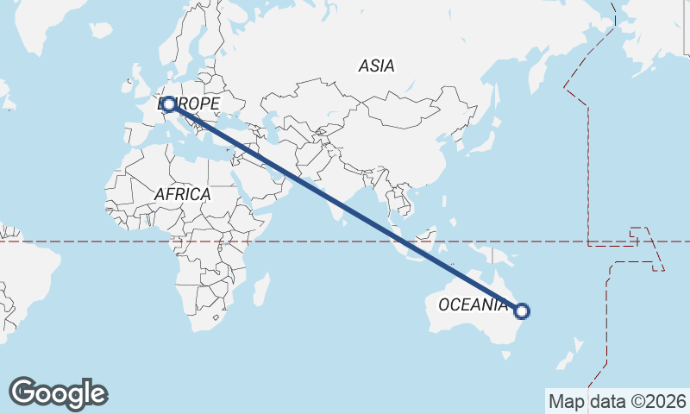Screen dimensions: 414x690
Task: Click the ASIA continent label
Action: click(376, 66)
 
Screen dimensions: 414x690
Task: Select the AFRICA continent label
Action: click(182, 194)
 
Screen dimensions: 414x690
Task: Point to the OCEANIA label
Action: click(473, 304)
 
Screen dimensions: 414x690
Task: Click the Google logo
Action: click(58, 393)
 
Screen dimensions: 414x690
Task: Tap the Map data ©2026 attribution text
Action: click(618, 401)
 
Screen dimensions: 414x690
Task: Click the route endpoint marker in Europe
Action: click(169, 104)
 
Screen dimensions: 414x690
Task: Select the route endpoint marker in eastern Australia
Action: click(521, 311)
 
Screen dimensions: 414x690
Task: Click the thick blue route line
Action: click(345, 208)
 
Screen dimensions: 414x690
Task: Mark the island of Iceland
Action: click(101, 30)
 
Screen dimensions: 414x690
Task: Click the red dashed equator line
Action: click(86, 241)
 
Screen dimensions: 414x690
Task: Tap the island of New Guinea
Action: click(500, 254)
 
